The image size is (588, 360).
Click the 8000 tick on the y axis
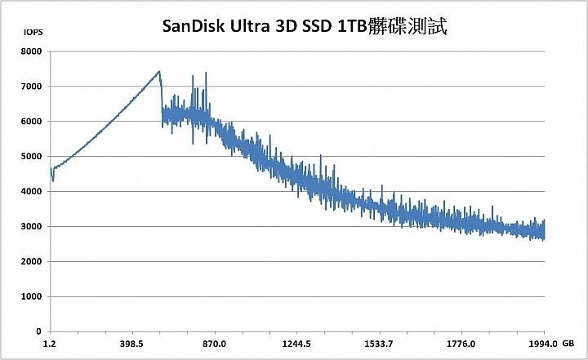30,51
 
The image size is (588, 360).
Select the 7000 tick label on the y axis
30,87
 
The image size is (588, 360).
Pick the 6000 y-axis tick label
30,122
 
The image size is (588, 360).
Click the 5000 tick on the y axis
30,157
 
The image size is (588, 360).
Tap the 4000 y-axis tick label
30,192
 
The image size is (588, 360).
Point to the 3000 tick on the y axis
30,227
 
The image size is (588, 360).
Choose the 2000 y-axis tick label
30,262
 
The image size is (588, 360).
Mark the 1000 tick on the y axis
30,297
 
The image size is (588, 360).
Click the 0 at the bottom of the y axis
38,332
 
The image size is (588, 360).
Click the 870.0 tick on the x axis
214,344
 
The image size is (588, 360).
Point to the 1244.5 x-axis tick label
296,344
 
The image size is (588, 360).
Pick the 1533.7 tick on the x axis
379,344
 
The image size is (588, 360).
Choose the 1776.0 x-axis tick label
461,344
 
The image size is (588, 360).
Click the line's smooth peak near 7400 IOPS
159,71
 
